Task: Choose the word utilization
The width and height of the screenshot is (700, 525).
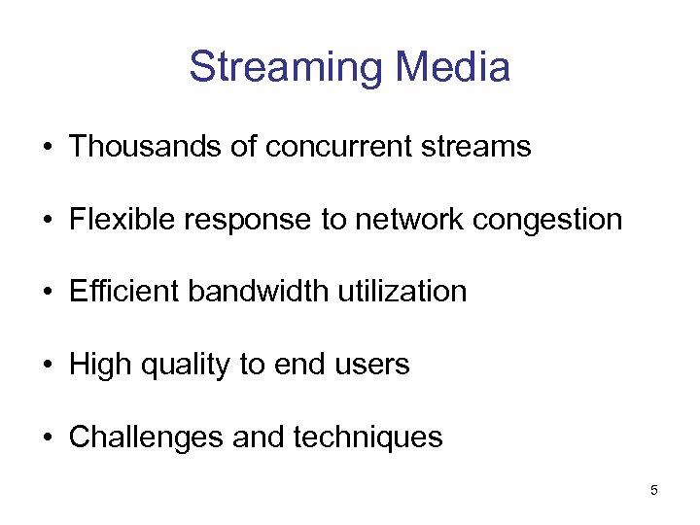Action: pos(410,292)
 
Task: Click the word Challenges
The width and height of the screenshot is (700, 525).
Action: pos(147,437)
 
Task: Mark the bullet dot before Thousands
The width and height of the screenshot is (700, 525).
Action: pos(47,148)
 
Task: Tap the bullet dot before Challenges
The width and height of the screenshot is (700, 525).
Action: pos(47,438)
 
